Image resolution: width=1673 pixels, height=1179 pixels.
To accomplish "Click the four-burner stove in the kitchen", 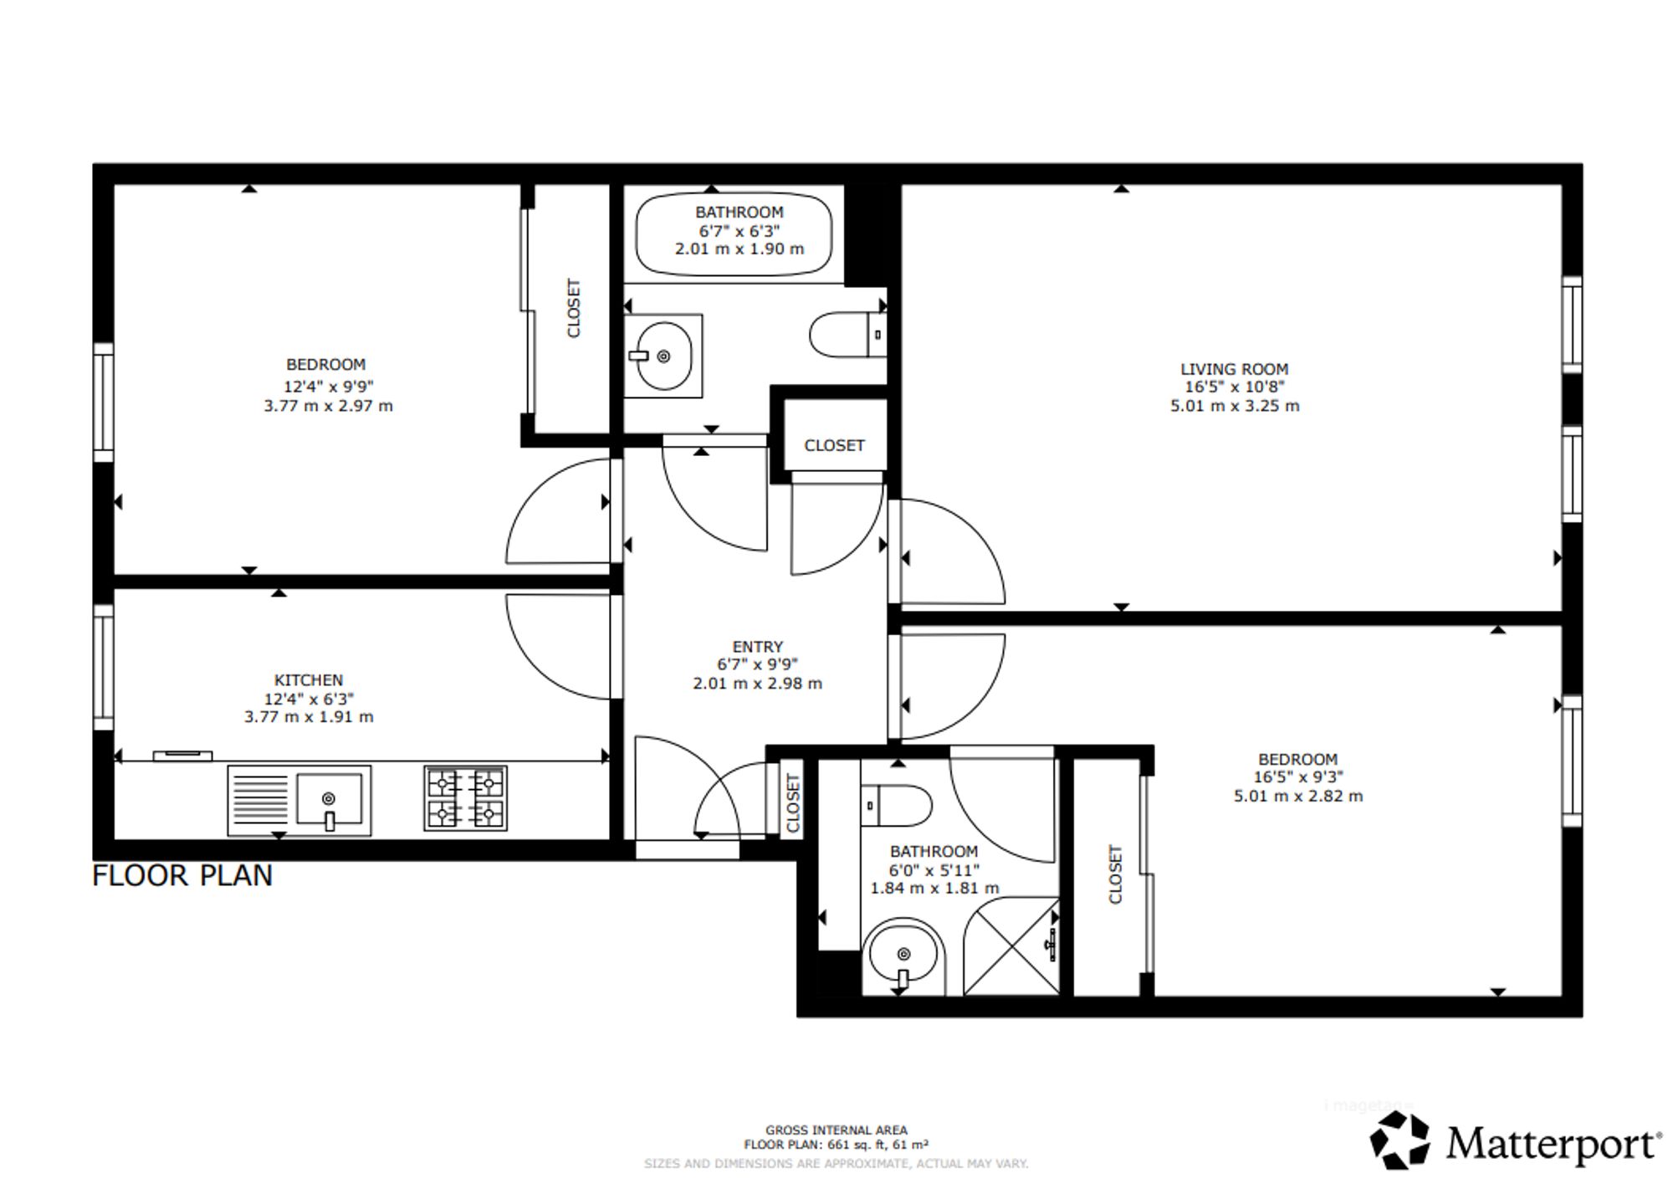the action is click(x=466, y=798).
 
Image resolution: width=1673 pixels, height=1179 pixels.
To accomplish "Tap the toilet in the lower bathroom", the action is click(x=896, y=806).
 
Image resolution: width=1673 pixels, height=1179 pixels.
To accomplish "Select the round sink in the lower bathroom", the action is click(x=903, y=955).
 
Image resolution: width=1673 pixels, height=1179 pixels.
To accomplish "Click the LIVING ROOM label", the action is click(x=1234, y=369).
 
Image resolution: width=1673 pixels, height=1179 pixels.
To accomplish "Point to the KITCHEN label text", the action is click(x=309, y=680).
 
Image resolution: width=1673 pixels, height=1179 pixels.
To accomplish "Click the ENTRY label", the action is click(x=758, y=647).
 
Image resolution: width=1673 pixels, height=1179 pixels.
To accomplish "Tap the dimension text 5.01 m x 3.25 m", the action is click(x=1235, y=406).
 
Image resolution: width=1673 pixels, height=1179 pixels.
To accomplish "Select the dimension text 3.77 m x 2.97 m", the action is click(x=328, y=406).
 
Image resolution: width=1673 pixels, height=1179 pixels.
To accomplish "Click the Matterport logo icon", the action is click(x=1400, y=1140).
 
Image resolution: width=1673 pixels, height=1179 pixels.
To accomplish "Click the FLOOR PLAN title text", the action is click(x=182, y=875).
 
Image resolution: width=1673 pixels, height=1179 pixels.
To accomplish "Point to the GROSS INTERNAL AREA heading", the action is click(x=836, y=1130).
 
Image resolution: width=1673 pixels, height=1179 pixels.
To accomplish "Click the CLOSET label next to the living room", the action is click(x=834, y=445).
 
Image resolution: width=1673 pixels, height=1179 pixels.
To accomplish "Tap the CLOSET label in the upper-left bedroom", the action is click(x=574, y=308).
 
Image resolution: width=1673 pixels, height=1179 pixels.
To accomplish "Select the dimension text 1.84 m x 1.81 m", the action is click(x=934, y=888).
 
